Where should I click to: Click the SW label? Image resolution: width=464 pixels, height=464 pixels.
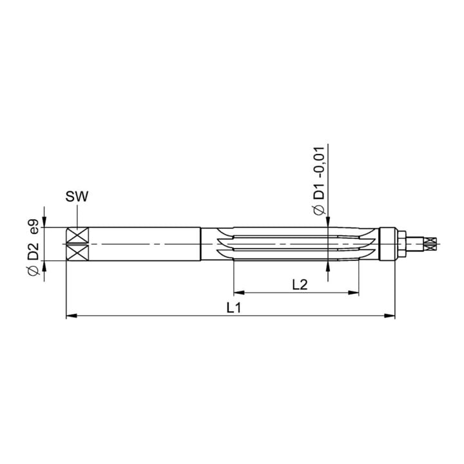click(x=77, y=197)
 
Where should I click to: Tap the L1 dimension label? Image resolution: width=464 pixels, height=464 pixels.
click(x=234, y=308)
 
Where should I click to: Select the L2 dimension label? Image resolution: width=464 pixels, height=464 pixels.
click(x=300, y=285)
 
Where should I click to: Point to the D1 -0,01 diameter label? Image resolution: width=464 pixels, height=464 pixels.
click(x=319, y=181)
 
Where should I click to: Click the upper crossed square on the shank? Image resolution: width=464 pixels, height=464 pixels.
click(x=77, y=235)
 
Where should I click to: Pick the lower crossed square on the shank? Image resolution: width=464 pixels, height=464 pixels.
click(x=77, y=253)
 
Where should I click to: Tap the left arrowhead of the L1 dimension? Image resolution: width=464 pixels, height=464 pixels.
click(x=72, y=316)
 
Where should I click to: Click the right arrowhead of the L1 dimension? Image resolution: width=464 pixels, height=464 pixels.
click(x=389, y=316)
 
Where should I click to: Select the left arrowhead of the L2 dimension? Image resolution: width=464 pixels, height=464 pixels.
click(x=239, y=293)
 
